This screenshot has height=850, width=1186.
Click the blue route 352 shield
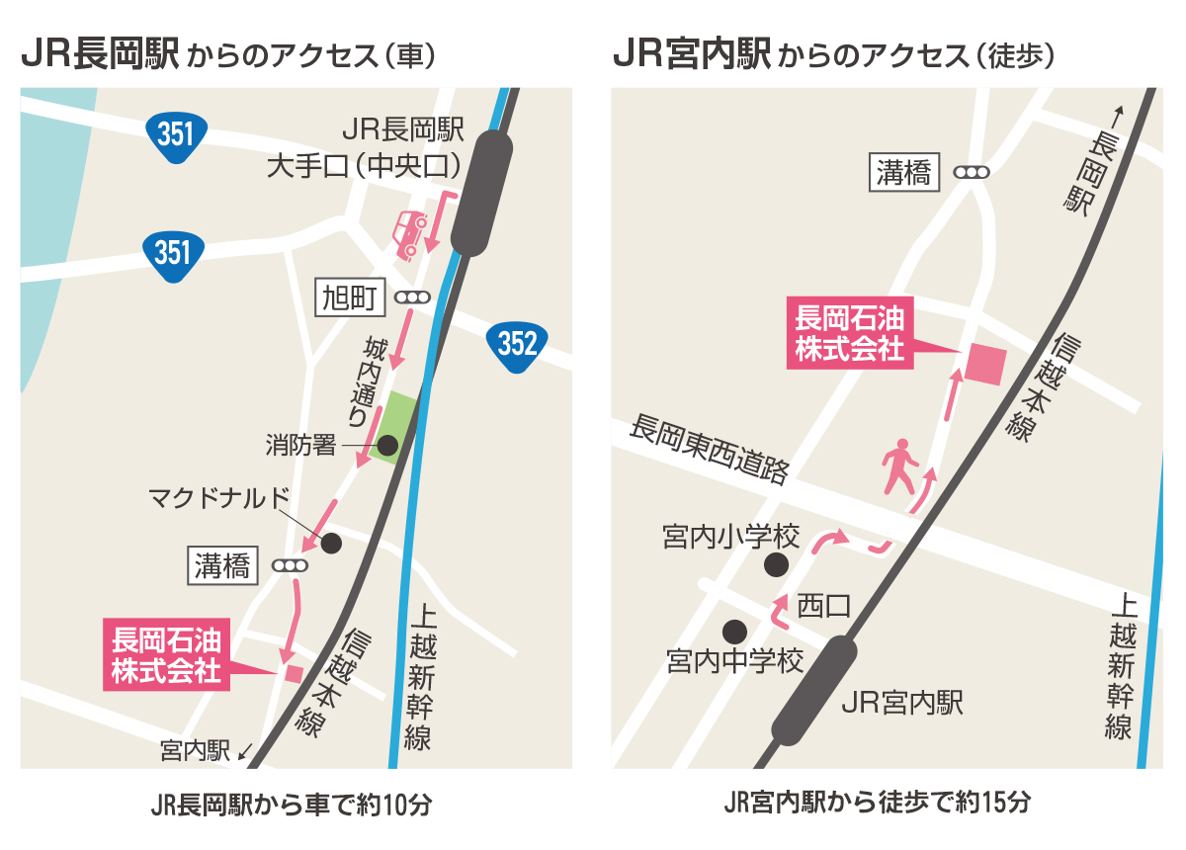(x=517, y=344)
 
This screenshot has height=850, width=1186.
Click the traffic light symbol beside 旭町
(x=412, y=297)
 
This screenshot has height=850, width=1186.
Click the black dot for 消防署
(x=387, y=445)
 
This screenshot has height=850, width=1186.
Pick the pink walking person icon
(x=900, y=467)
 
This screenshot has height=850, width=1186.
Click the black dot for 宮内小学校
(x=777, y=564)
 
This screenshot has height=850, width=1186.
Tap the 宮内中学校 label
(x=735, y=661)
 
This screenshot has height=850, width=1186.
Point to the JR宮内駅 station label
(x=900, y=703)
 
